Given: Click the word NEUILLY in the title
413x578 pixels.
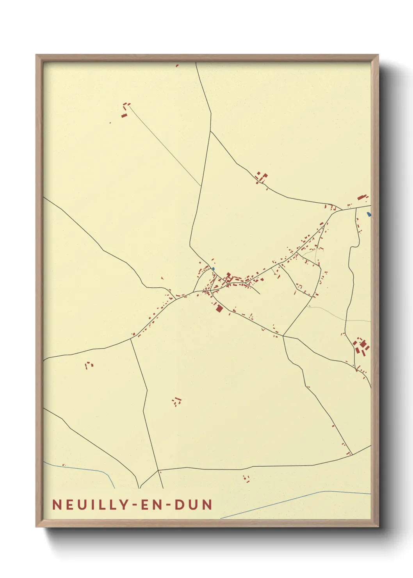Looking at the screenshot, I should click(x=91, y=505).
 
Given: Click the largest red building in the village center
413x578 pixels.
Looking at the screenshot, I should click(x=219, y=309).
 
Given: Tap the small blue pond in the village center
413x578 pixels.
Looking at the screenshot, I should click(x=213, y=269).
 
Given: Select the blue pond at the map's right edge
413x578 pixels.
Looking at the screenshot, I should click(x=368, y=214).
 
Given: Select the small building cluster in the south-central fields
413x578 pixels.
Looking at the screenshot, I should click(x=177, y=401).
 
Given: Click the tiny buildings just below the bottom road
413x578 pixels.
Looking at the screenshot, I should click(x=246, y=478).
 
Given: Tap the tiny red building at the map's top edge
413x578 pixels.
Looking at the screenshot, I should click(x=177, y=66).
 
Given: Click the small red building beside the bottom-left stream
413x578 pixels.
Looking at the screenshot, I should click(x=64, y=465).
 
